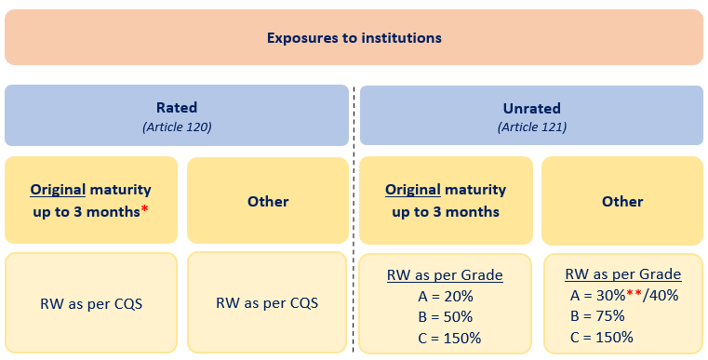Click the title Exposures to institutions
354,38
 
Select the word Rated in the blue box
177,108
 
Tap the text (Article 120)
177,127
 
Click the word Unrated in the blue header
531,108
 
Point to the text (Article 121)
531,127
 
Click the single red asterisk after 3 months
146,210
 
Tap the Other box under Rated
268,201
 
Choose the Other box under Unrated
621,201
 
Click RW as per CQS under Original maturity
91,302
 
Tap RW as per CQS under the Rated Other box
268,302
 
